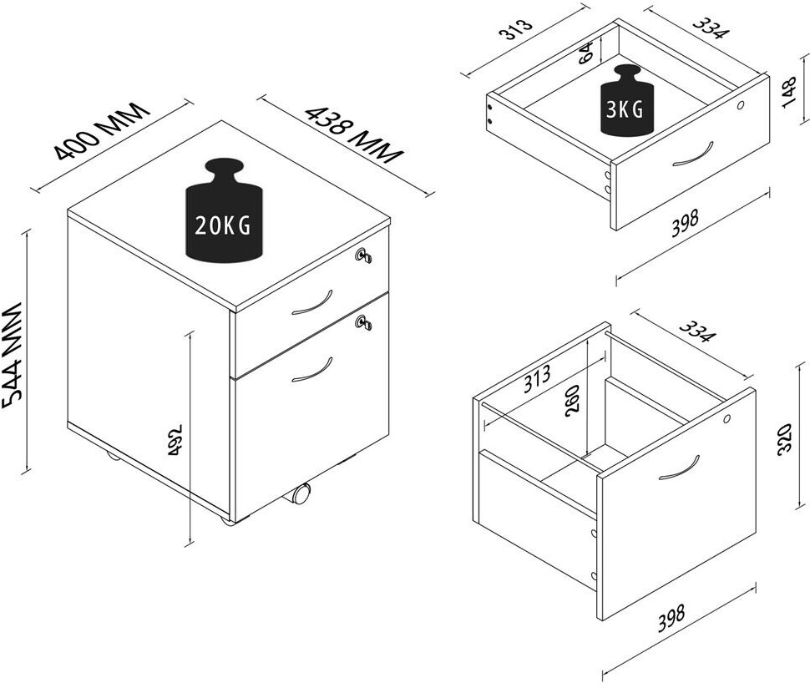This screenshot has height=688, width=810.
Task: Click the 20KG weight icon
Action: pyautogui.click(x=224, y=210)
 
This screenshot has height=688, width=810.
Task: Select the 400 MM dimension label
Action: pyautogui.click(x=102, y=131)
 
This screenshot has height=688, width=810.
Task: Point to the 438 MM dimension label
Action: pyautogui.click(x=354, y=134)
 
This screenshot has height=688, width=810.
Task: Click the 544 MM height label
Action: pyautogui.click(x=13, y=356)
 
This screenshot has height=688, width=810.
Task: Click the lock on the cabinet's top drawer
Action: pyautogui.click(x=364, y=255)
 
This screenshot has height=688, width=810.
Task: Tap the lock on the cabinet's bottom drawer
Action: pyautogui.click(x=364, y=322)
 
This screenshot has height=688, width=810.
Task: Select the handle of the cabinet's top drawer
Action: pyautogui.click(x=312, y=304)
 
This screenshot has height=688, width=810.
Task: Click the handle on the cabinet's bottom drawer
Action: pyautogui.click(x=312, y=371)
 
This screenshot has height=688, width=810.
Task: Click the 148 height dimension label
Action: pyautogui.click(x=790, y=92)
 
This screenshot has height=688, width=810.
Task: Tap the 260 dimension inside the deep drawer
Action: pyautogui.click(x=574, y=400)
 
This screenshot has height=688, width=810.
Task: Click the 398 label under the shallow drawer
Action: pyautogui.click(x=685, y=223)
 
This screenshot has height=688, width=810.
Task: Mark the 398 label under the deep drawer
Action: pyautogui.click(x=671, y=618)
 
